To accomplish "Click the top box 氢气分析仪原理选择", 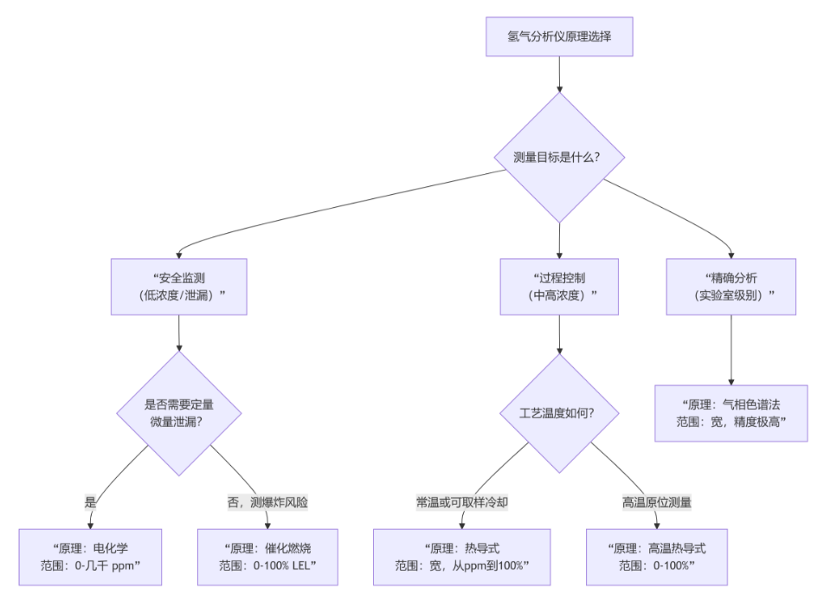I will (559, 37).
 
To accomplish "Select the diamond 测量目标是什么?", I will (559, 157).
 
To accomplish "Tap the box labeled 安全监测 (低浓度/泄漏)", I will (179, 287).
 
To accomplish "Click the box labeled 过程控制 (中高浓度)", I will (559, 287).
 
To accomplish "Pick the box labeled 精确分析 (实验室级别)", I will (731, 287).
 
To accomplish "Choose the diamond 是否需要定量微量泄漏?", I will (179, 413).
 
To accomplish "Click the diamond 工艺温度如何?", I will (559, 413).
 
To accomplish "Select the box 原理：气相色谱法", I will (731, 413).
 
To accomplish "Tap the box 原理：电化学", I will (90, 557).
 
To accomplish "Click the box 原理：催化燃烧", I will (267, 557).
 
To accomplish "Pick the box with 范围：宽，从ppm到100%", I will (462, 557).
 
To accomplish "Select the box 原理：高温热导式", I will (656, 557).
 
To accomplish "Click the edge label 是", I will (90, 501).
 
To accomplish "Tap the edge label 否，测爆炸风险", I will (267, 501).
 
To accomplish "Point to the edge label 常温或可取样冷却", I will (462, 501).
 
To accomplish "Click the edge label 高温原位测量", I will (656, 501).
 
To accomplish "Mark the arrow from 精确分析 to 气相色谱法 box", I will (731, 350).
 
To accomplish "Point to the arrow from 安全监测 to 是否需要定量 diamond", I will (179, 333).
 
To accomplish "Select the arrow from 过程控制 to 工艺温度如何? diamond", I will (559, 334).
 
